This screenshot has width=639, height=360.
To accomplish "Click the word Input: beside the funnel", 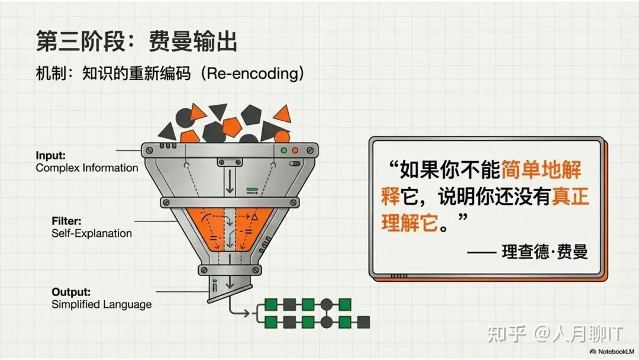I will pos(50,156).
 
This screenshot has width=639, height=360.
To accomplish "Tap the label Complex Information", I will pos(87,168).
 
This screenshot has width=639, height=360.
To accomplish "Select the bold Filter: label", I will pos(66,221).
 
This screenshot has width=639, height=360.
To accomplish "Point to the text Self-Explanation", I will pos(92,233).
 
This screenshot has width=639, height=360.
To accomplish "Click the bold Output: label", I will pos(71,292).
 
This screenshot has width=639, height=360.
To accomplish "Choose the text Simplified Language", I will pos(102,304).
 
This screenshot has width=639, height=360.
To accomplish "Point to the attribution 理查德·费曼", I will pos(545,252).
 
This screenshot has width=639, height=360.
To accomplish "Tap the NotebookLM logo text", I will pos(614,351).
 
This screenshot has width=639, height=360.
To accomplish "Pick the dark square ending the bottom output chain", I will pos(364,322).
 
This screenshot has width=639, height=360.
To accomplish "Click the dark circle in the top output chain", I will pos(327,305).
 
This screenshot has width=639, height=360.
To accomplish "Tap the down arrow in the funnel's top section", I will pos(230,183).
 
